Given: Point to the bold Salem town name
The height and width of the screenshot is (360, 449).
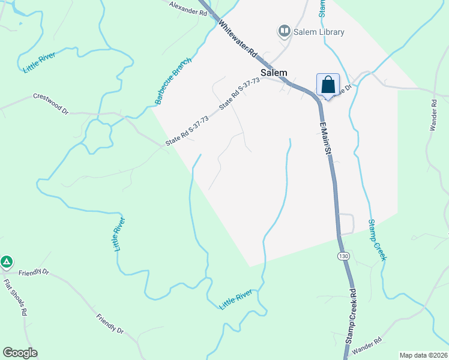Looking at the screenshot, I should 274,73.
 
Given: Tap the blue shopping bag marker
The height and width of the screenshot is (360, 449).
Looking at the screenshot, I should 328,85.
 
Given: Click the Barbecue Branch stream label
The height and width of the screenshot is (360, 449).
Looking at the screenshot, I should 173,81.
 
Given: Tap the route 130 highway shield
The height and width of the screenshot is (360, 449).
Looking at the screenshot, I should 343,256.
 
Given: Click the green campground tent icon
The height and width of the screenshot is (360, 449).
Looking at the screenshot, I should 7,262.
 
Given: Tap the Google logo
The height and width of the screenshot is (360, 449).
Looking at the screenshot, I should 20,353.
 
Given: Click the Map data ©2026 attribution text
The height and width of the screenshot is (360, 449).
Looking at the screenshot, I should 423,355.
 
